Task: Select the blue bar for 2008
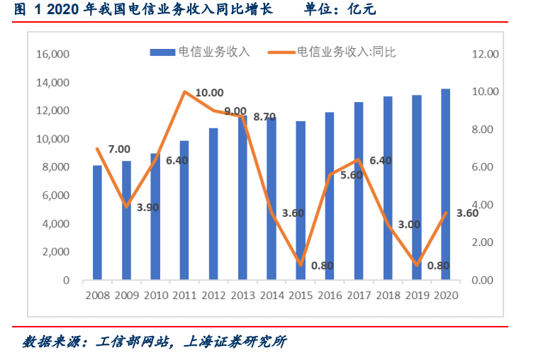[97, 223]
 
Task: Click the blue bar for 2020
[445, 184]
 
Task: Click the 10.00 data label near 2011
[209, 93]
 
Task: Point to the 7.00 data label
[119, 149]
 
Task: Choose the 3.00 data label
[409, 224]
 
